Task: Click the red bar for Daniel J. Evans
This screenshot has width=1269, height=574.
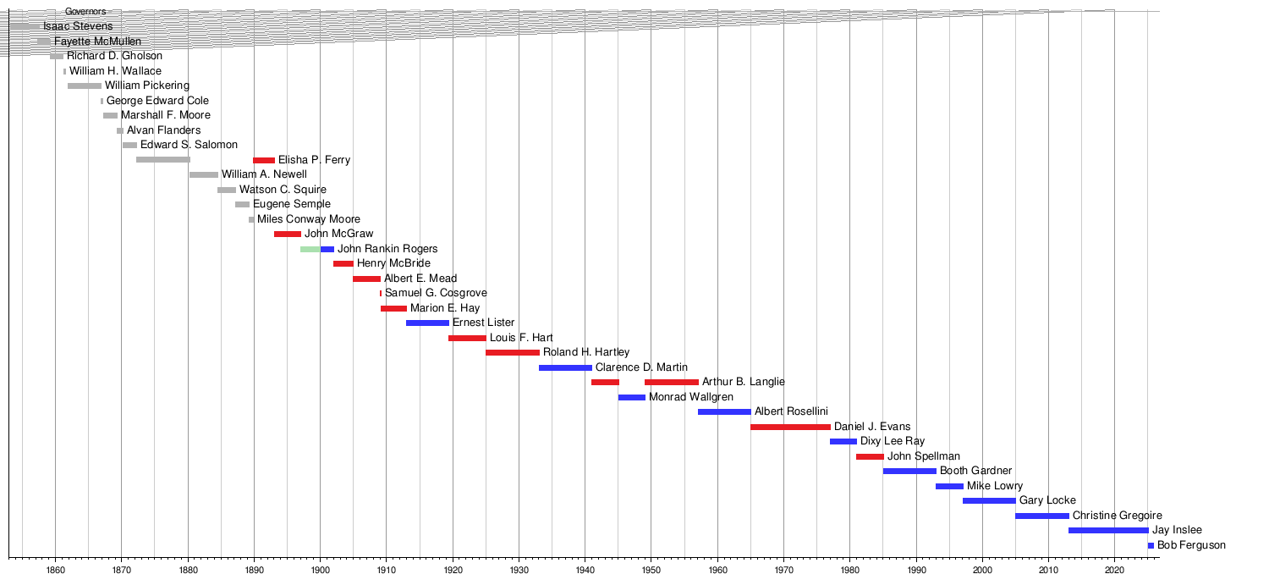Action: [790, 427]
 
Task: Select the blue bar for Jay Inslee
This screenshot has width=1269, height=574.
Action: [1108, 530]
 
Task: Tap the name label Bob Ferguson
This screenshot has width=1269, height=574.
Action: [1191, 545]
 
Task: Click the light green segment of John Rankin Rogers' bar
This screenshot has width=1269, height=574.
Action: [310, 249]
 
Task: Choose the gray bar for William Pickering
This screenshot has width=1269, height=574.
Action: [85, 86]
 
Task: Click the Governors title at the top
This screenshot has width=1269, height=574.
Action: [85, 12]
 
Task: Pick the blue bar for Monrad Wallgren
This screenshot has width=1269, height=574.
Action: [631, 397]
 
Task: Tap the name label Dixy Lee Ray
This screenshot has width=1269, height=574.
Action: [893, 441]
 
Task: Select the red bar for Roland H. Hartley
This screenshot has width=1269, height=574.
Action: [513, 352]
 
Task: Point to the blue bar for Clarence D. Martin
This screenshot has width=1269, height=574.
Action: [565, 367]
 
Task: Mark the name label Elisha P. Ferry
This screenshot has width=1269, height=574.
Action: [314, 160]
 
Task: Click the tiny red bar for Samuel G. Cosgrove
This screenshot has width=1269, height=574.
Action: [381, 293]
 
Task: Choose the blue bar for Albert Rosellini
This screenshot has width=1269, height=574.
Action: [724, 411]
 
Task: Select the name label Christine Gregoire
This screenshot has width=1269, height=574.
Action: [1117, 516]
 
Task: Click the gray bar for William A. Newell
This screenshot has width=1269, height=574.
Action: [204, 174]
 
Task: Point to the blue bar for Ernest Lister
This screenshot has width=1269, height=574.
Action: [427, 323]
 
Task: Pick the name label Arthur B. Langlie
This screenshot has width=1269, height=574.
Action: [744, 382]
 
